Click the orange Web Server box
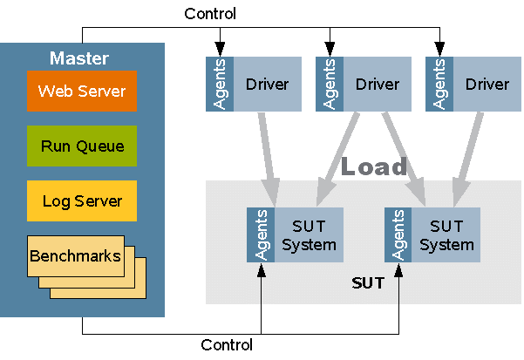(81, 91)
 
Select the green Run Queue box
(81, 146)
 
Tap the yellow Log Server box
(81, 200)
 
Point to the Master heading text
(79, 59)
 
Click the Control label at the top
(209, 14)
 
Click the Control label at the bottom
(227, 344)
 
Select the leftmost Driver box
(267, 85)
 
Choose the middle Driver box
(377, 85)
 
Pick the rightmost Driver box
(487, 85)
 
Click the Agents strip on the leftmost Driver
(219, 85)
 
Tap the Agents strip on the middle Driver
(329, 85)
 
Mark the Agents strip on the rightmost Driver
(439, 85)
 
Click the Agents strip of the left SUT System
(261, 235)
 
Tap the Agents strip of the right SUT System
(398, 235)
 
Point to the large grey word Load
(373, 166)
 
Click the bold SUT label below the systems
(366, 283)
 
